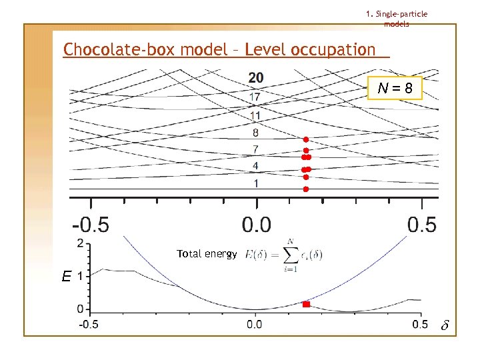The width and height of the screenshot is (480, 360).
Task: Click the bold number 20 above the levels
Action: coord(256,78)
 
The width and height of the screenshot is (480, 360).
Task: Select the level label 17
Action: coord(255,97)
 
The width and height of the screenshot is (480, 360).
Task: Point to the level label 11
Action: coord(255,115)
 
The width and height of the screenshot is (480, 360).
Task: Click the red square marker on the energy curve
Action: coord(307,304)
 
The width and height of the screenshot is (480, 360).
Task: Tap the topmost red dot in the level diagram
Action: coord(305,139)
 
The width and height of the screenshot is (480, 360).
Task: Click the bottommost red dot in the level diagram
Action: coord(305,189)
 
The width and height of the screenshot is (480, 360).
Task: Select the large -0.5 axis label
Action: coord(91,224)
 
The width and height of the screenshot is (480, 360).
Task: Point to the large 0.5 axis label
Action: coord(421,224)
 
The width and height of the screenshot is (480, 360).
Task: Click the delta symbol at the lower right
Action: coord(445,326)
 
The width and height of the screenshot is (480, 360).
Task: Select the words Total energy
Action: coord(207,254)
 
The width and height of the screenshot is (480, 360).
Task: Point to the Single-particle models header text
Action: coord(397,19)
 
